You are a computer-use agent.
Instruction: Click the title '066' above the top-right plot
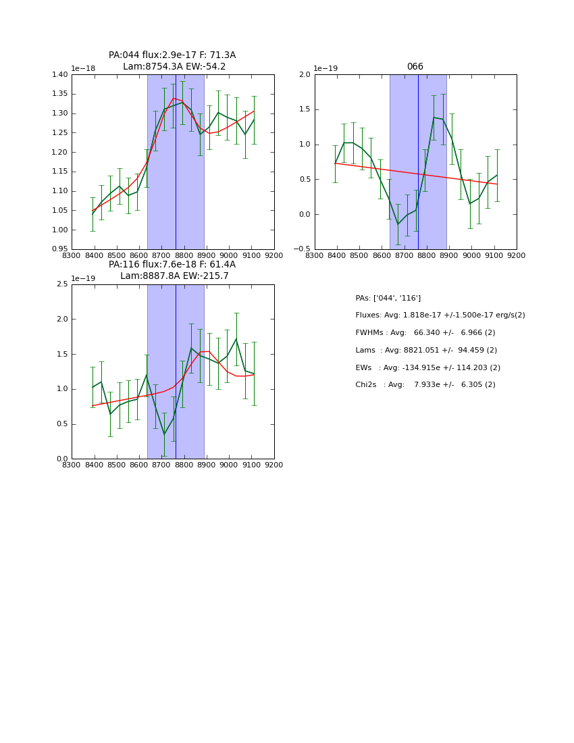click(415, 67)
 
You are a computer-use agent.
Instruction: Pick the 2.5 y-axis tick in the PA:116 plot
click(62, 284)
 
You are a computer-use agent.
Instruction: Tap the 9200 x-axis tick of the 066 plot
click(517, 255)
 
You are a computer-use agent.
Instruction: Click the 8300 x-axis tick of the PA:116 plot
click(72, 465)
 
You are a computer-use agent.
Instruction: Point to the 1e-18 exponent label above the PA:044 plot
click(83, 68)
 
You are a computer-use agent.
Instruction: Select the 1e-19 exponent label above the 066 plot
click(326, 68)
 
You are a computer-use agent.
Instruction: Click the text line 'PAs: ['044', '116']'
click(388, 298)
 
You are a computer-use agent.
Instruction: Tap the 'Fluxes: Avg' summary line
click(440, 315)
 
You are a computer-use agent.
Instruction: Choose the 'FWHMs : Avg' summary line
click(425, 333)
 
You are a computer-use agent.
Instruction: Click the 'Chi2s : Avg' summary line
click(425, 385)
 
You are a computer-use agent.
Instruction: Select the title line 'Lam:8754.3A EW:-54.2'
click(174, 67)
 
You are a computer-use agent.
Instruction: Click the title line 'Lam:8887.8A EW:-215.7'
click(174, 276)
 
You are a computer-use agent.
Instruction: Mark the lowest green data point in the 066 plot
click(398, 224)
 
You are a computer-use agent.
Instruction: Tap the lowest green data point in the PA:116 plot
click(164, 434)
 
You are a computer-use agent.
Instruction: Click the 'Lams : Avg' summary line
click(426, 350)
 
